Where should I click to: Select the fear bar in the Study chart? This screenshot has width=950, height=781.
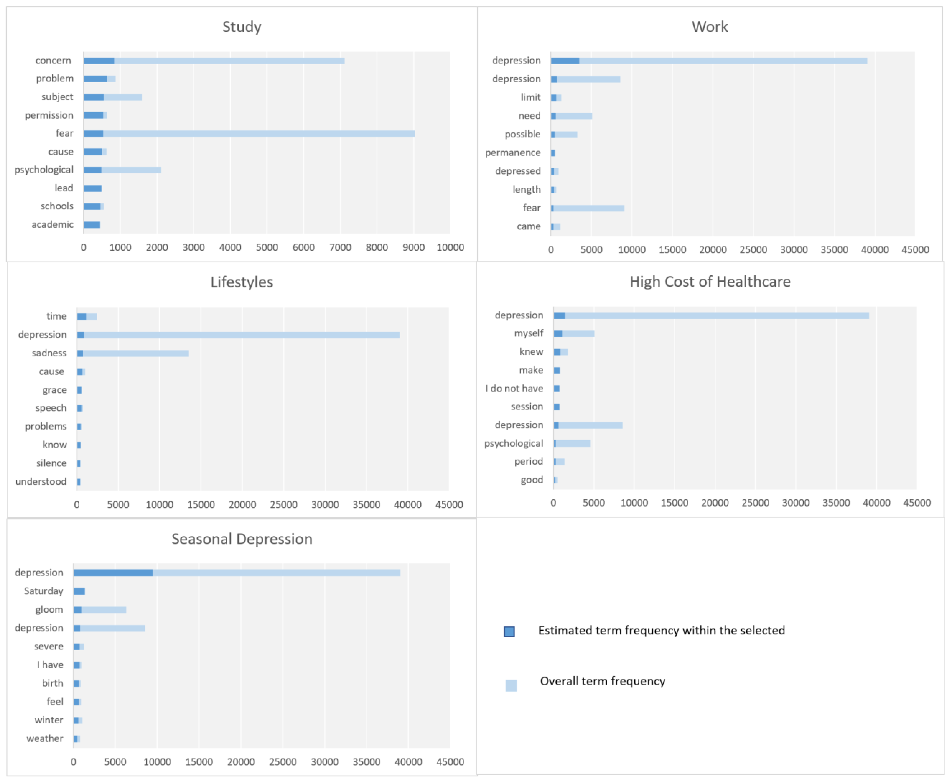[249, 134]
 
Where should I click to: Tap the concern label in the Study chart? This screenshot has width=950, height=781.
[53, 60]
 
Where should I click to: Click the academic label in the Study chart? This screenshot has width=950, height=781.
[52, 224]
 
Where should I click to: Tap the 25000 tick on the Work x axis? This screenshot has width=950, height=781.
[753, 250]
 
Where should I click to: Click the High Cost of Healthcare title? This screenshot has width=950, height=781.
[710, 282]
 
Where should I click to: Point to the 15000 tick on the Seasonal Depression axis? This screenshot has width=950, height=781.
[199, 762]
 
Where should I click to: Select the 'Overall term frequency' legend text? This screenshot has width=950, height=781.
[602, 681]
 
